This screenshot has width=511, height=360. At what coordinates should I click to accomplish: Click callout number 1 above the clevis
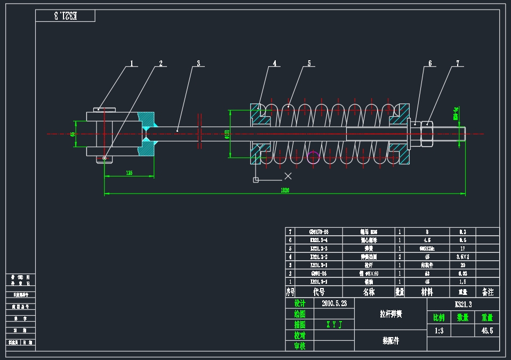click(x=132, y=63)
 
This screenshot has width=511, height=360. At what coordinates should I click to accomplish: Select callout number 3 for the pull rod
click(x=198, y=63)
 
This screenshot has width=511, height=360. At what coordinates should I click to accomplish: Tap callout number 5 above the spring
click(x=309, y=63)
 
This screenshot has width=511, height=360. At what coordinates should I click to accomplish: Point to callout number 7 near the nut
click(x=457, y=63)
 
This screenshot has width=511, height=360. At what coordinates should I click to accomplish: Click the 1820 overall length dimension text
click(x=285, y=190)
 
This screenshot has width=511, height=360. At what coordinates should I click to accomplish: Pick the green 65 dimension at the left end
click(x=73, y=134)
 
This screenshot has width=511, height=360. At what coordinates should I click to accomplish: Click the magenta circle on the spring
click(x=313, y=157)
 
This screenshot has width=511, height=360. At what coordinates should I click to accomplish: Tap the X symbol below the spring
click(x=288, y=175)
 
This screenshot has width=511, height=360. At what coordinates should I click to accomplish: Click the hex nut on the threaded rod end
click(x=427, y=133)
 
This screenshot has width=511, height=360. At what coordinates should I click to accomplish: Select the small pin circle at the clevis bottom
click(x=105, y=158)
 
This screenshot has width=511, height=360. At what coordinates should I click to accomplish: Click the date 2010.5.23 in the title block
click(x=334, y=303)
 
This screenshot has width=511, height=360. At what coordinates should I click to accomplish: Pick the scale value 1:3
click(x=439, y=330)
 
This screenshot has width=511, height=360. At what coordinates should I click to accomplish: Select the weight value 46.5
click(x=487, y=330)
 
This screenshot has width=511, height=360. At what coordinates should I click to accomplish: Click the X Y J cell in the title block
click(x=334, y=324)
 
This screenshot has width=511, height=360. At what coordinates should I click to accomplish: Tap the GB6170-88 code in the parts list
click(x=318, y=232)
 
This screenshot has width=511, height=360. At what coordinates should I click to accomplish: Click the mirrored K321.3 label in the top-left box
click(x=65, y=16)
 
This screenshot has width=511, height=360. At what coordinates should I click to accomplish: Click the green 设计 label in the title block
click(x=299, y=303)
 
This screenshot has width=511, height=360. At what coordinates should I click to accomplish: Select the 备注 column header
click(x=487, y=292)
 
